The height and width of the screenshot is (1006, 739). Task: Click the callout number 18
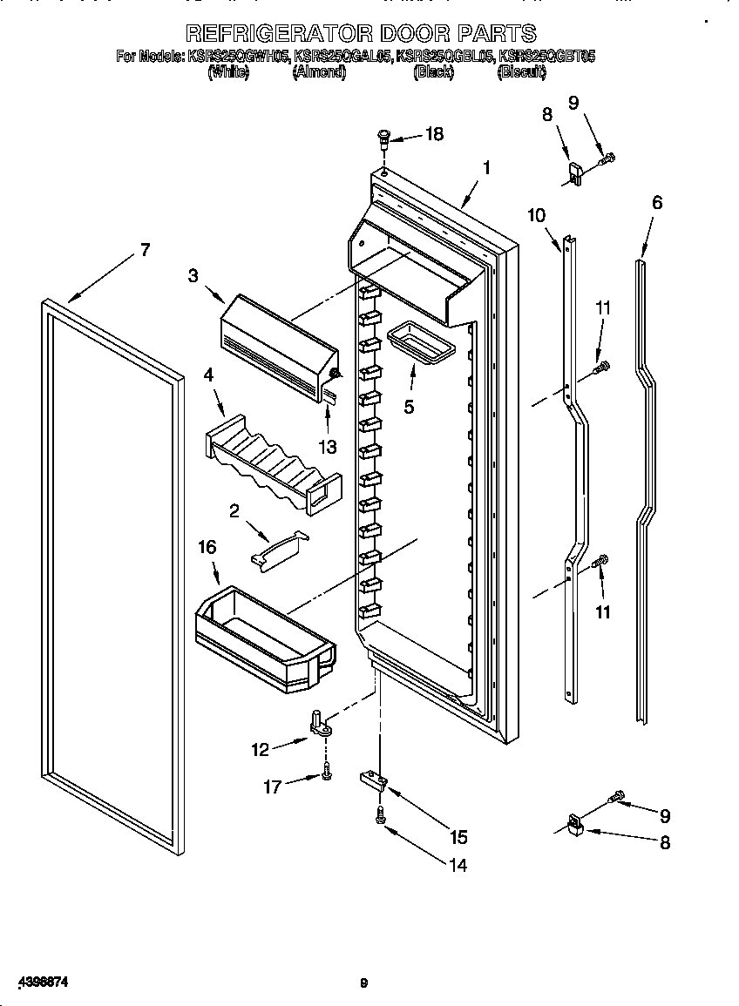[433, 134]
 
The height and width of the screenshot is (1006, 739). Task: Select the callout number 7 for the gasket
[145, 251]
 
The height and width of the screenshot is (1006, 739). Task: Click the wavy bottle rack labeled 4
[270, 461]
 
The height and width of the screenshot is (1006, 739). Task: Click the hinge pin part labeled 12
[319, 722]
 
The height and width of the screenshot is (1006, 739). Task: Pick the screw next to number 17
[325, 772]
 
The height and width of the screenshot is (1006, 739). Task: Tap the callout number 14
[458, 866]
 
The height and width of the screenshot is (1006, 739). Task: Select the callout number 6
[656, 203]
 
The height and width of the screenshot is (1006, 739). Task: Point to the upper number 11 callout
[603, 307]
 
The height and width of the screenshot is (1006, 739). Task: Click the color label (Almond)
[319, 74]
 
